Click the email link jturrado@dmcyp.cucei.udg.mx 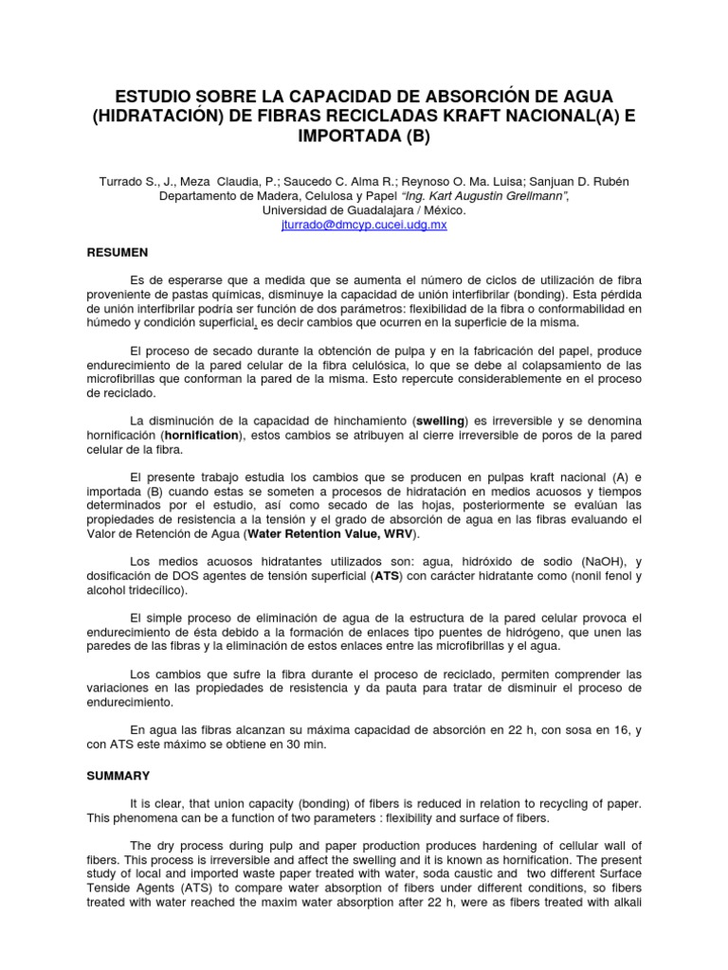click(364, 225)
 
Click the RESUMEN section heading click(117, 255)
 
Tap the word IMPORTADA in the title click(341, 136)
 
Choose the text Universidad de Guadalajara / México click(364, 211)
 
